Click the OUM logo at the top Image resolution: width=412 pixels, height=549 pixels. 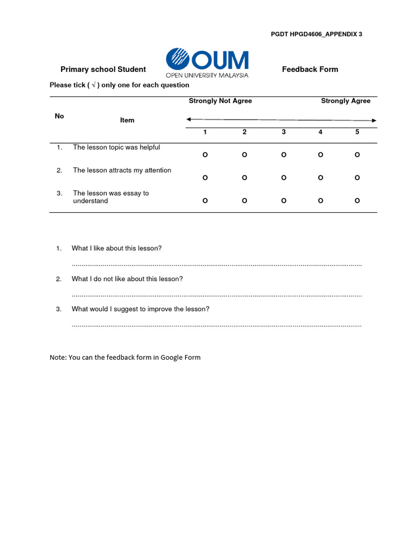pyautogui.click(x=207, y=63)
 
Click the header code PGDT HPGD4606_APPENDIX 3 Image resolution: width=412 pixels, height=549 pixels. pyautogui.click(x=317, y=34)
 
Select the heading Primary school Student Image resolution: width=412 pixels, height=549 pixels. pyautogui.click(x=103, y=69)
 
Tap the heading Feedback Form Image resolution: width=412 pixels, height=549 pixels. pyautogui.click(x=310, y=69)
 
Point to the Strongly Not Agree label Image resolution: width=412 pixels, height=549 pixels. pyautogui.click(x=220, y=101)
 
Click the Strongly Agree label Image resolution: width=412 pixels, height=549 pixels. pyautogui.click(x=345, y=101)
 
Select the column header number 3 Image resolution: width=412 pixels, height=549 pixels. pyautogui.click(x=284, y=132)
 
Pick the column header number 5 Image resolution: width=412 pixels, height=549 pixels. pyautogui.click(x=357, y=132)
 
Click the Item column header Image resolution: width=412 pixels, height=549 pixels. pyautogui.click(x=127, y=120)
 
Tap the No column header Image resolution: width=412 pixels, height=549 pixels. pyautogui.click(x=59, y=116)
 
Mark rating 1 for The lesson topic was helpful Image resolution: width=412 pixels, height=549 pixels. pyautogui.click(x=205, y=155)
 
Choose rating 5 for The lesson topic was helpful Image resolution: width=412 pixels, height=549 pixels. pyautogui.click(x=357, y=155)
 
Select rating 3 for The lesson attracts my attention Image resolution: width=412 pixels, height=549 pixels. pyautogui.click(x=284, y=178)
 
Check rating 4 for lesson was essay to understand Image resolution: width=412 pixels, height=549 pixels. pyautogui.click(x=320, y=201)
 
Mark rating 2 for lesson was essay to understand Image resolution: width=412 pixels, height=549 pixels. pyautogui.click(x=245, y=201)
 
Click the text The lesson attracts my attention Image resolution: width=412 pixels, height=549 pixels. pyautogui.click(x=122, y=170)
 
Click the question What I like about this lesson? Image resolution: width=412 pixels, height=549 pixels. pyautogui.click(x=116, y=248)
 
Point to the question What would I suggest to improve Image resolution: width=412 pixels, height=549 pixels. pyautogui.click(x=141, y=309)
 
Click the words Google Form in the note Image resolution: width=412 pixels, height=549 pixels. pyautogui.click(x=180, y=358)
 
